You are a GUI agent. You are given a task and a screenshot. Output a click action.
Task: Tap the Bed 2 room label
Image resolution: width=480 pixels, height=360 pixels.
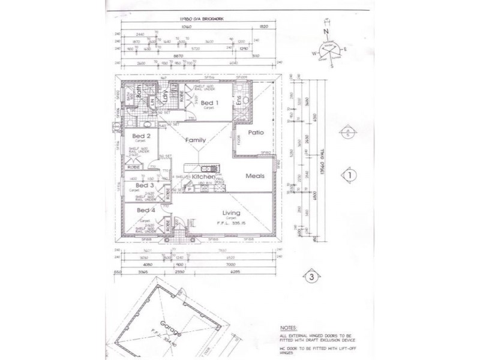pos(141,136)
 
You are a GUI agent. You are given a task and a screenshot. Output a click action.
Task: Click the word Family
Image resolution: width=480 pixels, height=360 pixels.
pos(196,140)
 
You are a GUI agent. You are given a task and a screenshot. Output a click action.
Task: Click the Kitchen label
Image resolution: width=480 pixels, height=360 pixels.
pos(203,177)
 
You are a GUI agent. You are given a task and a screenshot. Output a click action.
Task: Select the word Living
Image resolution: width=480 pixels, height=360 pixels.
pos(231,213)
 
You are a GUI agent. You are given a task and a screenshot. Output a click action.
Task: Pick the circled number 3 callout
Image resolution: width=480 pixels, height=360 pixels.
pos(311,277)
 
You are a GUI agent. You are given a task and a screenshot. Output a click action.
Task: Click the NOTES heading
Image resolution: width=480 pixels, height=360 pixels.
pos(289,328)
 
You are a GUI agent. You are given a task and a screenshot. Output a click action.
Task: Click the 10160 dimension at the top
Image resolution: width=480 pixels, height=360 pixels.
pos(185,27)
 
